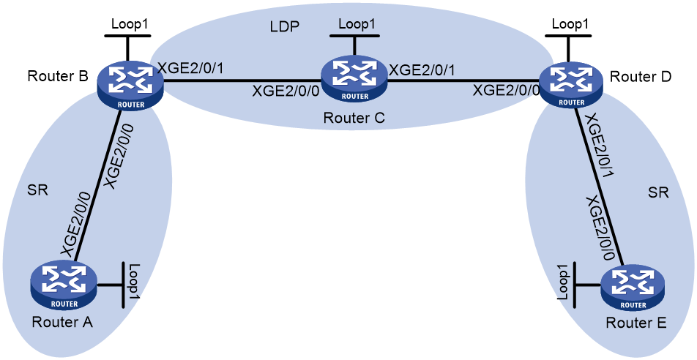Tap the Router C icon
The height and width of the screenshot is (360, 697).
pos(354,79)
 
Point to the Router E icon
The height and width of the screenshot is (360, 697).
pos(634,288)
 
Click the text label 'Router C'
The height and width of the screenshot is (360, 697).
pos(354,118)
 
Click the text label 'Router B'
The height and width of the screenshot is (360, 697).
pos(58,76)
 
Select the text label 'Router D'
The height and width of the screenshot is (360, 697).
pos(641,76)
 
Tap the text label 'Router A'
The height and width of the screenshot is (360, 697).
pos(62,322)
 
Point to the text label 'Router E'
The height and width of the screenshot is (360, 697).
pos(636,323)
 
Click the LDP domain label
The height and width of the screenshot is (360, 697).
pos(285,26)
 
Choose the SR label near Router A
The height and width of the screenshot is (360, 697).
pos(37,190)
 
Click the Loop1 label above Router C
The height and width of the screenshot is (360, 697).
pos(357,24)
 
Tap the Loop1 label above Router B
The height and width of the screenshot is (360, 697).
pos(130,24)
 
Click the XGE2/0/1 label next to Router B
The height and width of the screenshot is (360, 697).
pos(190,69)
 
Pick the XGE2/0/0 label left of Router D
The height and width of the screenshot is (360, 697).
pos(507,91)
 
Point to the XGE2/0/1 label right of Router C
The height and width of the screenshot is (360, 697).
pos(422,70)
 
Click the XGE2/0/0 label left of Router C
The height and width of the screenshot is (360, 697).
pos(286,91)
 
